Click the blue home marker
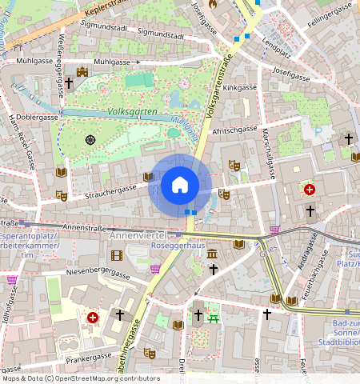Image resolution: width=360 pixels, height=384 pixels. point(180,186)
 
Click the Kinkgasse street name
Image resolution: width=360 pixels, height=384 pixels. point(240,87)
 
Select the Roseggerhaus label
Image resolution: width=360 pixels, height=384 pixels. point(178,246)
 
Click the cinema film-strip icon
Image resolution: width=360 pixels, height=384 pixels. point(118,255)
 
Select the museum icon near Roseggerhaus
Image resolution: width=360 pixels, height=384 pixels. point(212,254)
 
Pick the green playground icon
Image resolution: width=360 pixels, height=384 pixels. point(214,318)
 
